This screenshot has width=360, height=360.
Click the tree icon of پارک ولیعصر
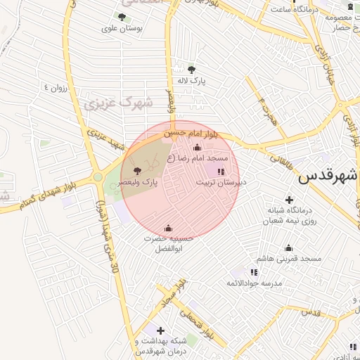(136, 171)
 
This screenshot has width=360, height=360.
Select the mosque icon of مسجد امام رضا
(196, 148)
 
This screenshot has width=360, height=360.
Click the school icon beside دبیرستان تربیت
(221, 171)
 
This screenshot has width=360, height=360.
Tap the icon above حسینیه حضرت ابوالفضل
(167, 228)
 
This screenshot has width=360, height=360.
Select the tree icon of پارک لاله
(191, 69)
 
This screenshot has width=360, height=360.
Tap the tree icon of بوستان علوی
(122, 17)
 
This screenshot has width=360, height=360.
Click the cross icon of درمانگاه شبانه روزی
(289, 199)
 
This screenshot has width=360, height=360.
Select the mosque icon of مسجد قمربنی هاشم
(288, 247)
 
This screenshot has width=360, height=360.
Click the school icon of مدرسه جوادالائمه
(254, 272)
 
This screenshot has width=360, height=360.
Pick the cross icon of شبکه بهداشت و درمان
(160, 330)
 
